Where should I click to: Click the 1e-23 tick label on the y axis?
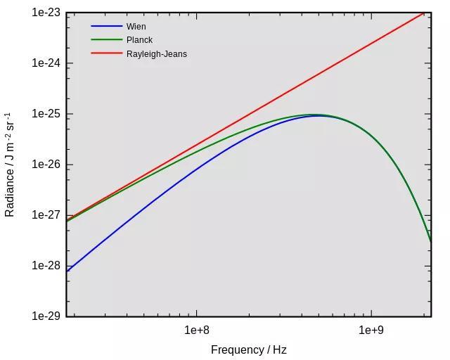point(46,13)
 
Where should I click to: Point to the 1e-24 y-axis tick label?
point(46,63)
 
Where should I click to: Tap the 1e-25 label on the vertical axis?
point(46,114)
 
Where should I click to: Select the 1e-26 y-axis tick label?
point(46,165)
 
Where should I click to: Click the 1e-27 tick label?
point(46,215)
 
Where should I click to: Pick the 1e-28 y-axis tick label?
point(46,266)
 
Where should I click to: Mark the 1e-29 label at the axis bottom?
point(46,316)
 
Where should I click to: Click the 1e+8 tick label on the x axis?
point(197,330)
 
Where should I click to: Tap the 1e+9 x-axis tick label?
point(371,330)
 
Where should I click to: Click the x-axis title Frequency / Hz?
point(248,349)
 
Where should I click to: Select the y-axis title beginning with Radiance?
point(10,165)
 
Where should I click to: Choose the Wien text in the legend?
point(136,27)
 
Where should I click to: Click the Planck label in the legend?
point(139,40)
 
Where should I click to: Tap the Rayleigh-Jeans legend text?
point(156,53)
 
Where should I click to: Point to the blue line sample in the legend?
point(106,27)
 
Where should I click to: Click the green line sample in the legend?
point(106,40)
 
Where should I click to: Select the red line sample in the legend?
point(106,53)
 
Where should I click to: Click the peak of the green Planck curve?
point(314,115)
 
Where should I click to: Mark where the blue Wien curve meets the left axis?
point(67,271)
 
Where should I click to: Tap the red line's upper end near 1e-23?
point(423,13)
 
